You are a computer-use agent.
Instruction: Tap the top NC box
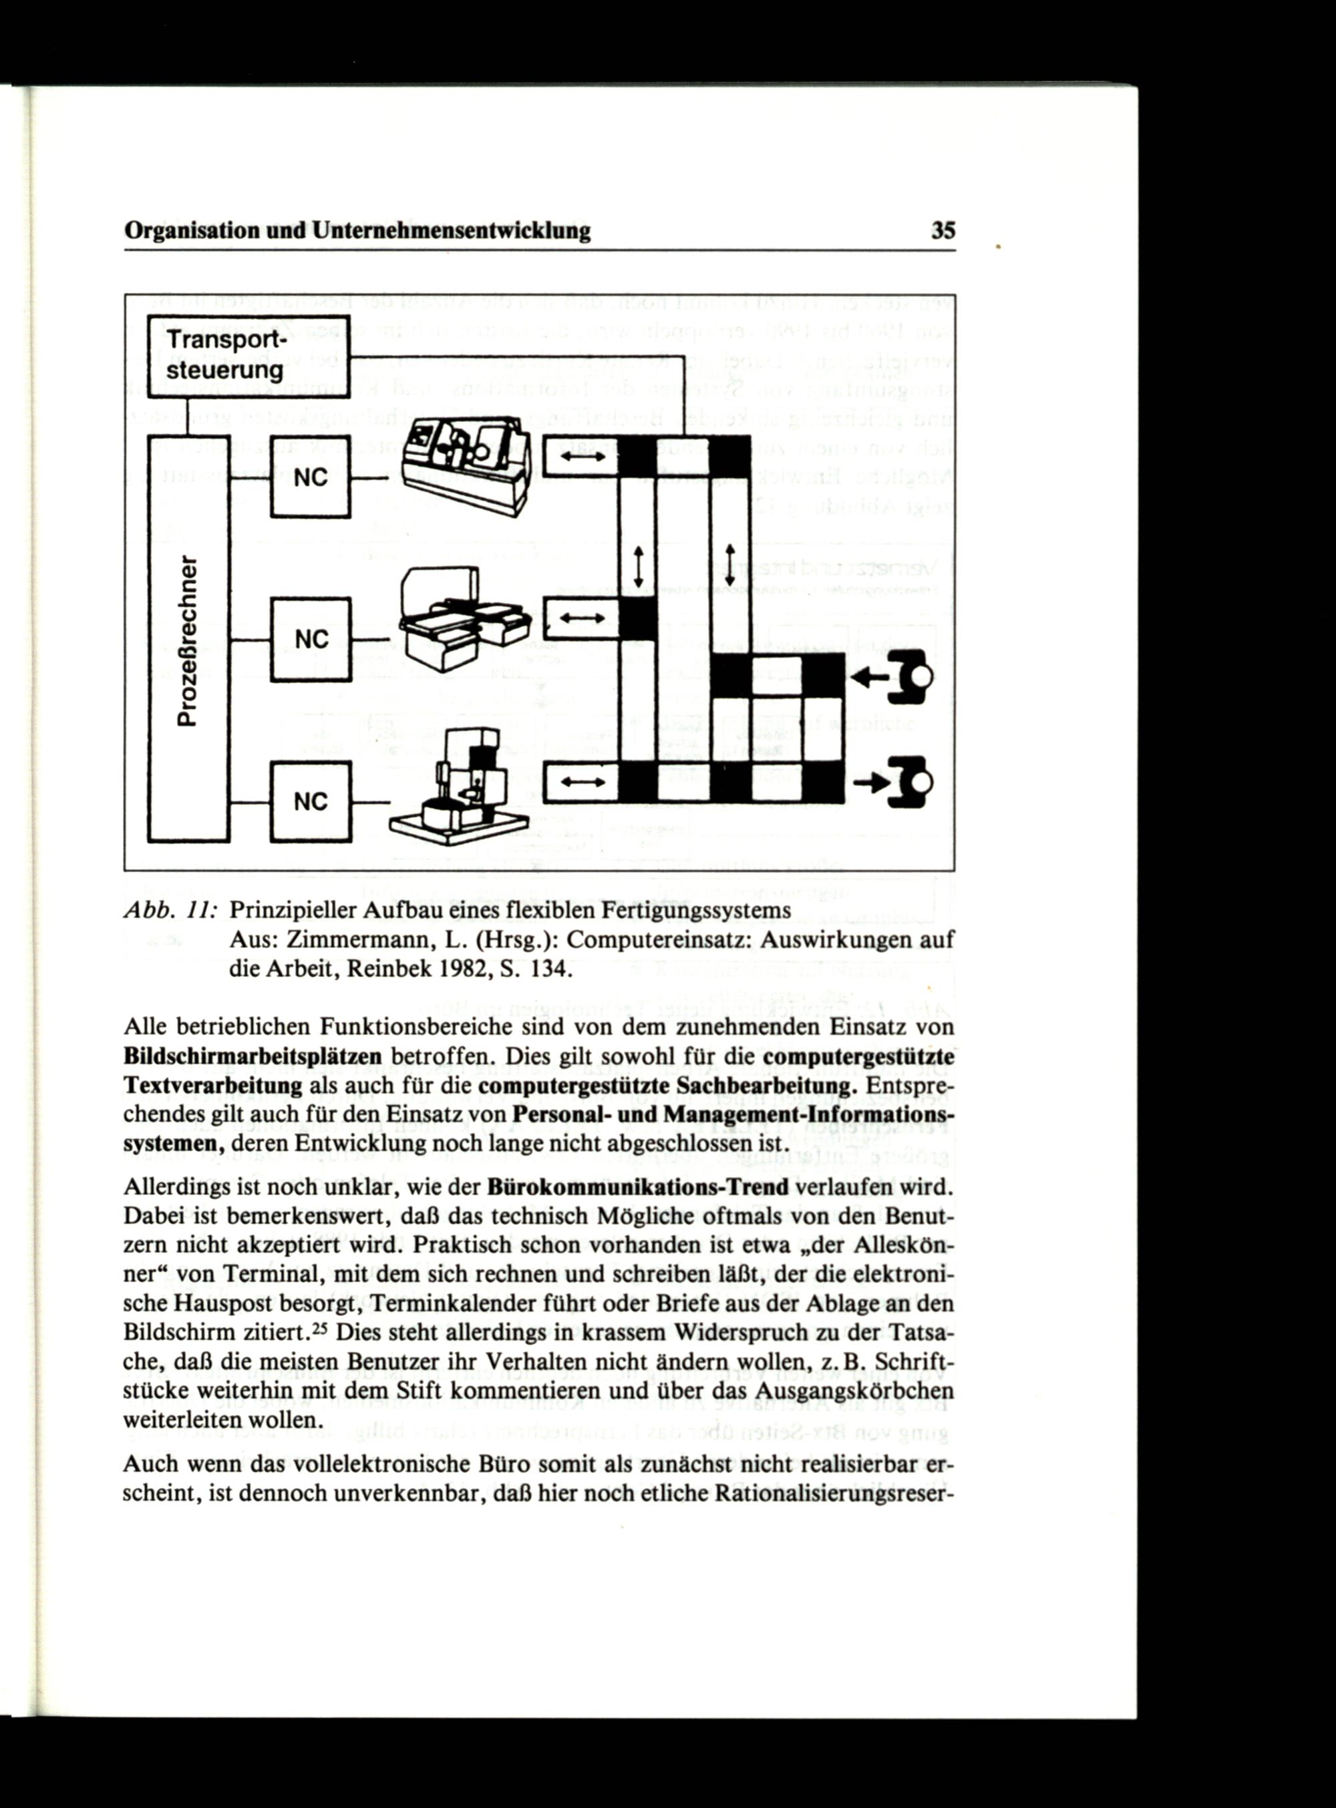click(310, 477)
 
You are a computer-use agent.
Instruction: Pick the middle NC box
click(310, 640)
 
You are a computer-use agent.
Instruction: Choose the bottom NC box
click(310, 802)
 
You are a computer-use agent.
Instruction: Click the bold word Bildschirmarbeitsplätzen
click(253, 1056)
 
